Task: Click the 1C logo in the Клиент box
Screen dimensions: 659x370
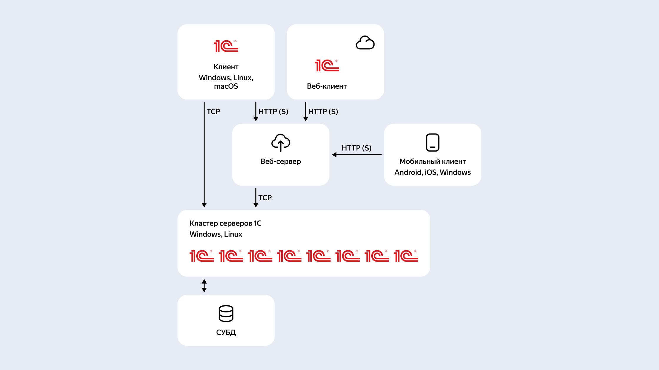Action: tap(226, 46)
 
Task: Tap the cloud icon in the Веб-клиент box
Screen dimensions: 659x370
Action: tap(365, 43)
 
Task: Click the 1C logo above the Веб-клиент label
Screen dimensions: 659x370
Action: tap(327, 65)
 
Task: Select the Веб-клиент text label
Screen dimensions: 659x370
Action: tap(327, 86)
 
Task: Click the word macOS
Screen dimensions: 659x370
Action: tap(226, 86)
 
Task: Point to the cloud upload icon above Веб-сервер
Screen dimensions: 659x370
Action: tap(281, 143)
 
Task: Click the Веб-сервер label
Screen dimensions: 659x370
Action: tap(281, 161)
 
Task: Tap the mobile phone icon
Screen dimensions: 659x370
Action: tap(432, 142)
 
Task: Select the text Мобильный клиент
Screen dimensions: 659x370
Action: tap(432, 161)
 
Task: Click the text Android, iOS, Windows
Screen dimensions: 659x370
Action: tap(432, 172)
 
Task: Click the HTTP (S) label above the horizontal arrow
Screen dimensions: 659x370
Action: tap(357, 148)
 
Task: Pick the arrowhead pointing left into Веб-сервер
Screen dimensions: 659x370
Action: tap(334, 154)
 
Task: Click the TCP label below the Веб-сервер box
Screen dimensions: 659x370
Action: tap(265, 198)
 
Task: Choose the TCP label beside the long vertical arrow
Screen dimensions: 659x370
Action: tap(213, 112)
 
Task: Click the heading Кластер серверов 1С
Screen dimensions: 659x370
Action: tap(225, 223)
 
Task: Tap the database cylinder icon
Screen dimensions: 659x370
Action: tap(226, 314)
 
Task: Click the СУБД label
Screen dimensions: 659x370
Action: tap(226, 332)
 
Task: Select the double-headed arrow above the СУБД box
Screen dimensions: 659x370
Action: tap(204, 286)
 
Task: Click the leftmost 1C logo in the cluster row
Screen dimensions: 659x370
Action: tap(202, 256)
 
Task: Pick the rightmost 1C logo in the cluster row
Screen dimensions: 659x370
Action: tap(406, 256)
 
